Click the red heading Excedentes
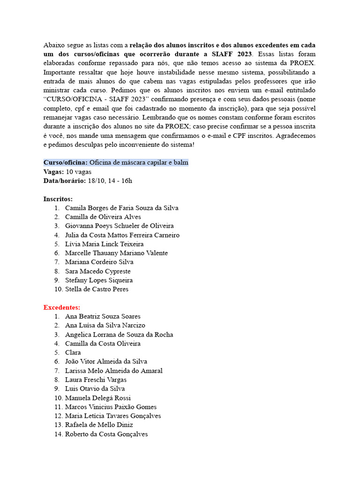(x=61, y=307)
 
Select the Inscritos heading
(x=58, y=199)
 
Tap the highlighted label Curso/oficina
(x=66, y=163)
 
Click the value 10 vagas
(x=79, y=172)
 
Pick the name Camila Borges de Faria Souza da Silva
(x=121, y=208)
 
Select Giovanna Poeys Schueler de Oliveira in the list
(x=119, y=226)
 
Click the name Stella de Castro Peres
(x=97, y=289)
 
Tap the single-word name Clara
(x=73, y=352)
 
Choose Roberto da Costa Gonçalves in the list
(x=106, y=434)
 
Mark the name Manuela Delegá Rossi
(x=98, y=398)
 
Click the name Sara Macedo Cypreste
(x=97, y=271)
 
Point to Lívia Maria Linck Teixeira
(x=104, y=244)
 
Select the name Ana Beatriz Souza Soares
(x=103, y=316)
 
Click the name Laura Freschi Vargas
(x=96, y=380)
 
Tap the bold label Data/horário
(x=65, y=180)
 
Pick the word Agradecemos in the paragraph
(x=297, y=136)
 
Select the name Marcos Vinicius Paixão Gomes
(x=111, y=407)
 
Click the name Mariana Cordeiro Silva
(x=99, y=262)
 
